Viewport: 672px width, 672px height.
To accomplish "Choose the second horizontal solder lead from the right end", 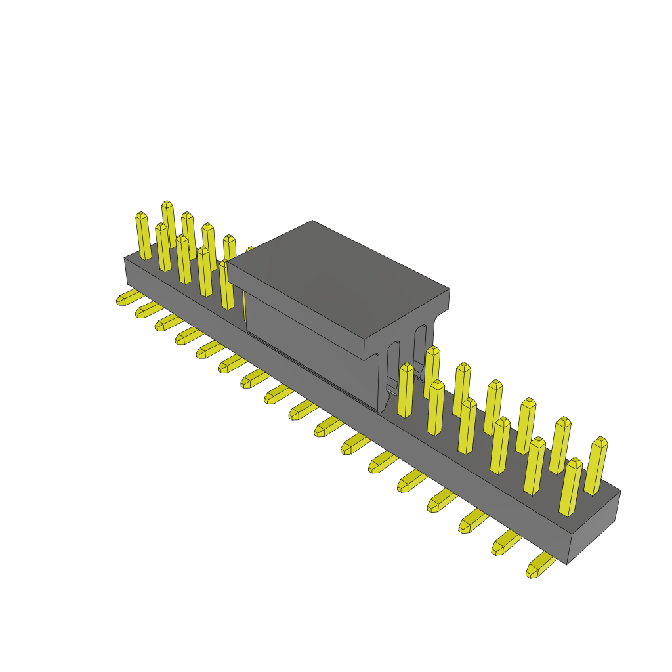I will click(x=506, y=543).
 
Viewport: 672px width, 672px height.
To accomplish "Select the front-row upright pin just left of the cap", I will click(x=226, y=285).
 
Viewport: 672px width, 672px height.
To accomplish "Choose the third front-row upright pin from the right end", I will click(x=500, y=446).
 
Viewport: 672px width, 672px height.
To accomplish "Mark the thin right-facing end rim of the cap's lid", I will click(x=407, y=324).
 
